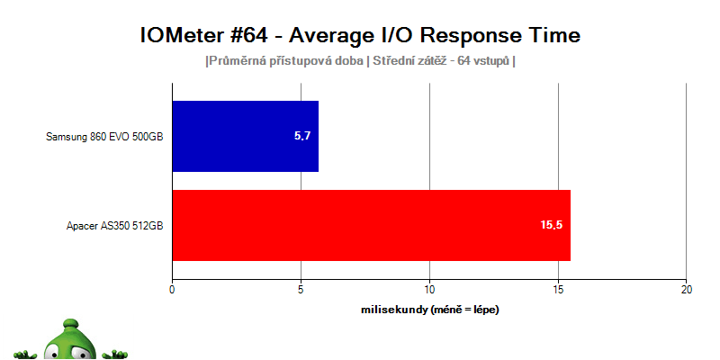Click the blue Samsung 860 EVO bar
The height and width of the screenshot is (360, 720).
click(245, 137)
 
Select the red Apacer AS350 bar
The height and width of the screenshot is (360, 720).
click(372, 226)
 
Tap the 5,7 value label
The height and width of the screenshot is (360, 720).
click(302, 136)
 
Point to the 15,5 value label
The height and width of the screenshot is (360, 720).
click(552, 225)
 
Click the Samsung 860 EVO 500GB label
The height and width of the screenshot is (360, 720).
click(104, 137)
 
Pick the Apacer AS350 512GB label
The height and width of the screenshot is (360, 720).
click(115, 226)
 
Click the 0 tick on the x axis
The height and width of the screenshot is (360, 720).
click(172, 290)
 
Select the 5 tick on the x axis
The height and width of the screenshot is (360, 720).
click(301, 290)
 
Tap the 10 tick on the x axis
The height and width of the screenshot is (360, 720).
click(429, 290)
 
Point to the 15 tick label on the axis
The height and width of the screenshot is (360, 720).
click(558, 290)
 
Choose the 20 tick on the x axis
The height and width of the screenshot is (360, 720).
click(686, 290)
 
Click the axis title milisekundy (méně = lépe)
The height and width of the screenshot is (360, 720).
click(430, 310)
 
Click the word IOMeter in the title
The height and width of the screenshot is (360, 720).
click(176, 36)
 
